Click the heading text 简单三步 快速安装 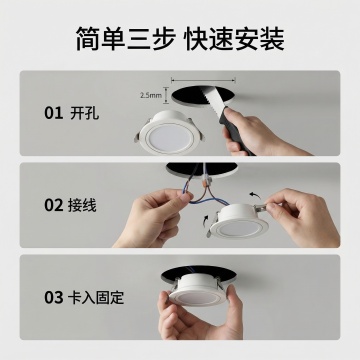180,39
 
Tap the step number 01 54,113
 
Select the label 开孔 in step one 85,113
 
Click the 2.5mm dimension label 151,95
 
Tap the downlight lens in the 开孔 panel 169,137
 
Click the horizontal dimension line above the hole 203,80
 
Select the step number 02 54,205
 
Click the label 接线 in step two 82,205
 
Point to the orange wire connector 206,182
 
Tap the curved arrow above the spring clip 255,194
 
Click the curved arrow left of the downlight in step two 206,221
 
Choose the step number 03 54,297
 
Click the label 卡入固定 96,297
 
